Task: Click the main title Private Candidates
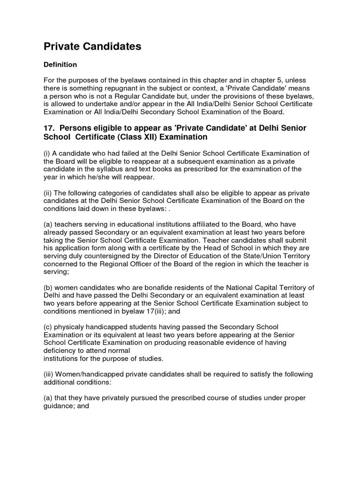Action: [x=92, y=46]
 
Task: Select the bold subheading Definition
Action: [x=60, y=64]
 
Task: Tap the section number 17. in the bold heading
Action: [x=50, y=128]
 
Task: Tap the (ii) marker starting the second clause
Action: [x=48, y=193]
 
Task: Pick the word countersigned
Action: [x=99, y=256]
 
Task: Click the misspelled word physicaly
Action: [x=70, y=327]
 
